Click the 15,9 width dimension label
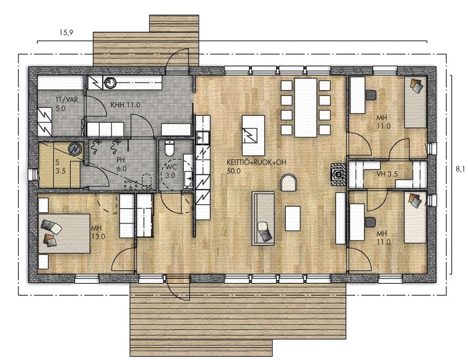point(66,32)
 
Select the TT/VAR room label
point(67,100)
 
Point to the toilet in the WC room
point(169,148)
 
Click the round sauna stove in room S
point(76,149)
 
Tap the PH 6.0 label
point(121,164)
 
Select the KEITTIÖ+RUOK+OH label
point(256,162)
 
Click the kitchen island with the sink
point(253,135)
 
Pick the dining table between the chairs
point(305,108)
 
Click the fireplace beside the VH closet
point(339,174)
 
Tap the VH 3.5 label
point(387,174)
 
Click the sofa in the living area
point(263,219)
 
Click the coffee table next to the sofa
point(293,219)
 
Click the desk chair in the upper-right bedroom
point(371,95)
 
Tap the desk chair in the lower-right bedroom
point(371,222)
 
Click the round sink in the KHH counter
point(110,82)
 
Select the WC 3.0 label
point(170,172)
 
